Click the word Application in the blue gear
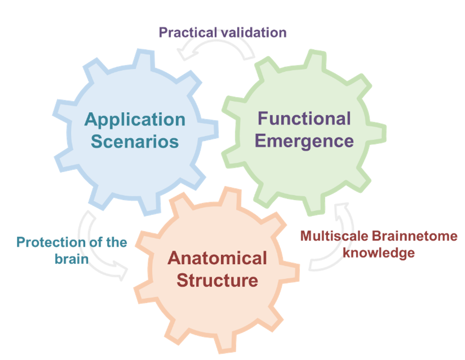coord(135,120)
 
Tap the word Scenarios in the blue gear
coord(135,142)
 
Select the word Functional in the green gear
coord(304,119)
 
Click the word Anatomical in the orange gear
coord(217,259)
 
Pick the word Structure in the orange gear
coord(217,281)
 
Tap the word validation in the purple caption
coord(253,33)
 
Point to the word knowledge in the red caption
coord(379,253)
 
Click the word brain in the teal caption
coord(72,259)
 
